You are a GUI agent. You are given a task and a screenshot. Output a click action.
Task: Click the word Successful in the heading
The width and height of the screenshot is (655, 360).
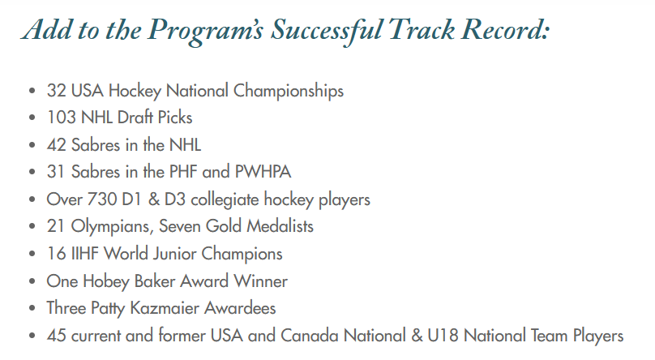click(x=326, y=31)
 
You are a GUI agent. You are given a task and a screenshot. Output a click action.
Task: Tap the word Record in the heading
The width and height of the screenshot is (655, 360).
click(x=504, y=30)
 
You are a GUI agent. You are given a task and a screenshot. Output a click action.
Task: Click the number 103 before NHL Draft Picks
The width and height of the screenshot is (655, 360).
click(x=62, y=118)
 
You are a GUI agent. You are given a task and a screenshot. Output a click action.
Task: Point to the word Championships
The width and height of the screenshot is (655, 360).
click(x=289, y=92)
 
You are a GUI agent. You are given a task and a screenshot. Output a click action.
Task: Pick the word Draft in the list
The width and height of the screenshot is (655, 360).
click(x=135, y=118)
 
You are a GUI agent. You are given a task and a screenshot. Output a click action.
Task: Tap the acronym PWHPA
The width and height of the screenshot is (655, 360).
click(x=263, y=172)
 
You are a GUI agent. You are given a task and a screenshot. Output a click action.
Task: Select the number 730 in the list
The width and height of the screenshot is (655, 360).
click(x=102, y=199)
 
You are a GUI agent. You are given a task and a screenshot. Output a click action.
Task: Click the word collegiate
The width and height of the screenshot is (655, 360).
click(x=225, y=200)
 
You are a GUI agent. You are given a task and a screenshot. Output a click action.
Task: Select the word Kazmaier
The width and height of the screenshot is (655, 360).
click(x=165, y=308)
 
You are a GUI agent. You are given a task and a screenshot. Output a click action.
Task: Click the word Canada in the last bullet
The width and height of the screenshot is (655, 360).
click(x=309, y=336)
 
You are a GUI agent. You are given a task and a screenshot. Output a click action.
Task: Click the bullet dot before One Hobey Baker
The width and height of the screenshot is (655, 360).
click(x=32, y=281)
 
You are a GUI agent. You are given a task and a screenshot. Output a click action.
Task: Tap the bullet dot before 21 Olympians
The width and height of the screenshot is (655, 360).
click(x=32, y=226)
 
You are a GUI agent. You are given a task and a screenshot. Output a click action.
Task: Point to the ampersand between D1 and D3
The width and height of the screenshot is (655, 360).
click(x=154, y=199)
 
